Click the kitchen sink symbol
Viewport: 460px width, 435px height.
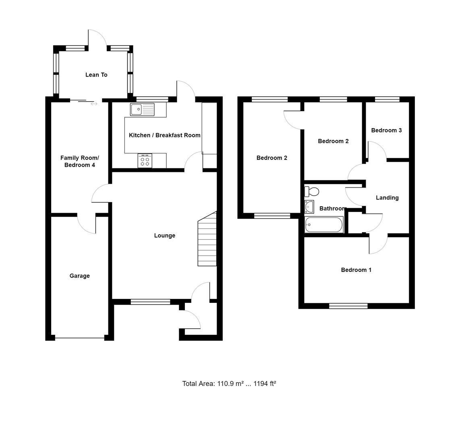pos(142,109)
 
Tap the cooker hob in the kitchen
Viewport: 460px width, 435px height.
pos(145,161)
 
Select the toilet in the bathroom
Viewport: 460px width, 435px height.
pos(312,191)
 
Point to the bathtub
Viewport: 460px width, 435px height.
pos(324,225)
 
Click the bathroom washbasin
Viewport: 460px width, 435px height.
pos(309,207)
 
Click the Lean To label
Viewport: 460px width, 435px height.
pos(96,75)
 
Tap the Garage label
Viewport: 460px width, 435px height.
pos(79,276)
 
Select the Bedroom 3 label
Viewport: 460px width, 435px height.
pos(386,130)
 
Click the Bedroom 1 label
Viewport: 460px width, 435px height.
pos(356,270)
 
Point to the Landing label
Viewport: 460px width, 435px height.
pos(387,198)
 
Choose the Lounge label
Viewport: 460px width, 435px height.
pos(164,236)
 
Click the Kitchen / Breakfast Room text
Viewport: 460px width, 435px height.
pos(164,135)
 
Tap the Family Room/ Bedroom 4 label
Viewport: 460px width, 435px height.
pos(79,162)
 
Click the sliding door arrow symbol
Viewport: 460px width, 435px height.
pos(94,104)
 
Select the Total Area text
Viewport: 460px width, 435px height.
pos(229,383)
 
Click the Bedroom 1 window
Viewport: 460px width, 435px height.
pos(348,306)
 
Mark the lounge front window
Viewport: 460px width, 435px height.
pos(150,301)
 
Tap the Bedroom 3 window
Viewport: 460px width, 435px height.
pos(387,99)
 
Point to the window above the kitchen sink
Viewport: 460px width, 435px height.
pos(152,99)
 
